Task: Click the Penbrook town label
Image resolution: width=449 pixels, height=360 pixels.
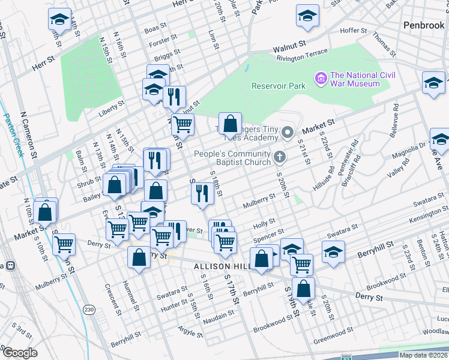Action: click(x=423, y=25)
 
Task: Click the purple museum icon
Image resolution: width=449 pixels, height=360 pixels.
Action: click(x=321, y=79)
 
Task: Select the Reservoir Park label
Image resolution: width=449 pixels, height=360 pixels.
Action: click(x=279, y=86)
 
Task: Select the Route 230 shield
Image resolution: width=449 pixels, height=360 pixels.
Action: click(x=89, y=310)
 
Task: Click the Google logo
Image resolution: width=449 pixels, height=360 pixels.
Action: click(x=20, y=353)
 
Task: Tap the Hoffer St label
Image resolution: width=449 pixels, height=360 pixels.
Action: click(x=353, y=31)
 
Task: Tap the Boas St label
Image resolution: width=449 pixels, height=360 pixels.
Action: click(x=155, y=28)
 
